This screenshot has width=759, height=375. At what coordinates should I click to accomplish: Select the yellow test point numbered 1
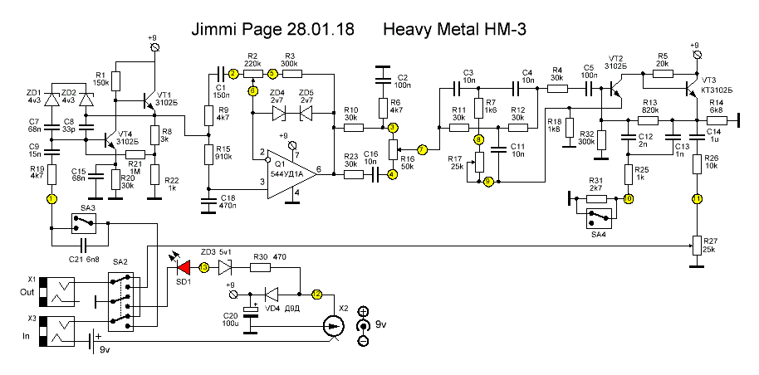coord(51,199)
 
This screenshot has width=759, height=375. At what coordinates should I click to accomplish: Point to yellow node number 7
coord(422,150)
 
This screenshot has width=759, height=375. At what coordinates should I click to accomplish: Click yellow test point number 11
coord(697,199)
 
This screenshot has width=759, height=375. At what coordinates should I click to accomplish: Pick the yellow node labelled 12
coord(316,294)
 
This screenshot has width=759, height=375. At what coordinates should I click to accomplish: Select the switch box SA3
coord(83,222)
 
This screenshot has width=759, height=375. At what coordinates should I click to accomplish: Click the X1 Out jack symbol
coord(63,292)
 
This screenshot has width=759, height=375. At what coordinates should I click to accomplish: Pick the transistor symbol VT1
coord(150,100)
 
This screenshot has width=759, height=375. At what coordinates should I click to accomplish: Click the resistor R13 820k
coord(649,119)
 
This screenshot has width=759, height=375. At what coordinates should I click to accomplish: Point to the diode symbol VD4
coord(271,294)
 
